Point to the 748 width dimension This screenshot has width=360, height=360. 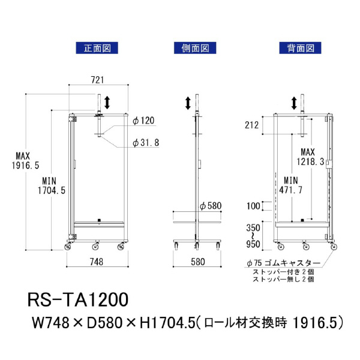coord(97,261)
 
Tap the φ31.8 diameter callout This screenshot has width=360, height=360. coord(146,143)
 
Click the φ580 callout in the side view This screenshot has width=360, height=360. coord(211,206)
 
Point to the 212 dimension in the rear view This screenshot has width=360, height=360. coord(251,125)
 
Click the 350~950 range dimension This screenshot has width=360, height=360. coord(253,236)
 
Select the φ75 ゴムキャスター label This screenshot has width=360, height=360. coord(283,263)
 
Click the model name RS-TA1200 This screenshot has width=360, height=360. coord(77,299)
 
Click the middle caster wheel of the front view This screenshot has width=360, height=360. coord(96,246)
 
